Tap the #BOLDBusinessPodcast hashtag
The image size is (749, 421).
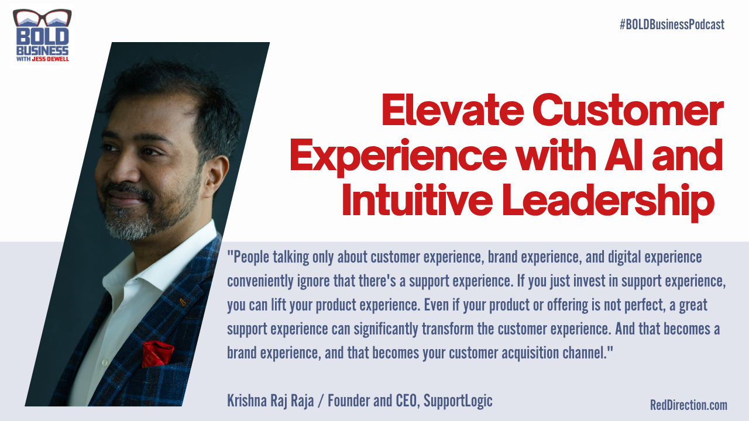tap(672, 25)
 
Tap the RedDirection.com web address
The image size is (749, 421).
tap(688, 405)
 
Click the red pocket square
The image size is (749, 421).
tap(157, 353)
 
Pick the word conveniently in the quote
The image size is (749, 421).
tap(260, 281)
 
